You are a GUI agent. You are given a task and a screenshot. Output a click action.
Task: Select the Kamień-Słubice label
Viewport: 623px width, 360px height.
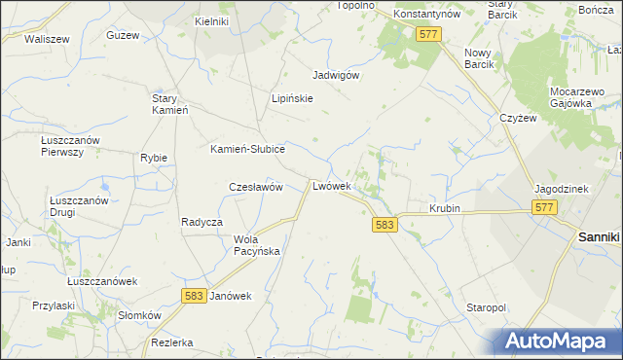pyautogui.click(x=247, y=149)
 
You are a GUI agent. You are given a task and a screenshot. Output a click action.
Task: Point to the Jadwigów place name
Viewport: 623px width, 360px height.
pyautogui.click(x=337, y=75)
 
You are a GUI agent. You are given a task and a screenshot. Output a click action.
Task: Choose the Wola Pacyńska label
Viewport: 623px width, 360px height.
pyautogui.click(x=257, y=245)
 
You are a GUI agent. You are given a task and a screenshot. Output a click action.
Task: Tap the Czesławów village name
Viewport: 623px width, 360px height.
pyautogui.click(x=255, y=187)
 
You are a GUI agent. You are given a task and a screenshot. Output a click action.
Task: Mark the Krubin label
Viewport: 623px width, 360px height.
pyautogui.click(x=444, y=209)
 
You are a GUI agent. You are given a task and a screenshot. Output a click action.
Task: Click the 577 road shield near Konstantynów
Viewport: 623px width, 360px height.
pyautogui.click(x=428, y=34)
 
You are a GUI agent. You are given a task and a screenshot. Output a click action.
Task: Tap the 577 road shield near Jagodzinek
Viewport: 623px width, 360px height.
pyautogui.click(x=544, y=208)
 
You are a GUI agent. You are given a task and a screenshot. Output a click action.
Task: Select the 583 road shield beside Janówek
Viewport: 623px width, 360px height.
pyautogui.click(x=194, y=296)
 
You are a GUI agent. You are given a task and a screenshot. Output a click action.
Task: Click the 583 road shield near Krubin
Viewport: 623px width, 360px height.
pyautogui.click(x=385, y=225)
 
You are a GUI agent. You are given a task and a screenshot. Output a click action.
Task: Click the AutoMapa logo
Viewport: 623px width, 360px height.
pyautogui.click(x=560, y=341)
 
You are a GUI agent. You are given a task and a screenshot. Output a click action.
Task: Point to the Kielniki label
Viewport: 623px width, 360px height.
pyautogui.click(x=211, y=20)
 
